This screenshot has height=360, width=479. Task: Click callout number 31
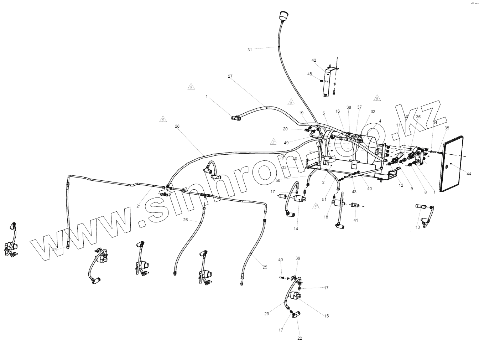[250, 50]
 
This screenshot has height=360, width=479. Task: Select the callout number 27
[230, 76]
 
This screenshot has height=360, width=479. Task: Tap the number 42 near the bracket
[314, 60]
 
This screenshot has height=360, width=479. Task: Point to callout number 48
[309, 74]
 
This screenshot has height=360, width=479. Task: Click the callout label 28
[177, 126]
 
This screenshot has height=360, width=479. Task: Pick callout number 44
[469, 174]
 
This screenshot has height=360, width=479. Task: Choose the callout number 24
[54, 250]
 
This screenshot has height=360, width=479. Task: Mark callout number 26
[186, 220]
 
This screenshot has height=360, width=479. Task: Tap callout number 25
[265, 267]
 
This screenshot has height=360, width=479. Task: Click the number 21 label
[139, 206]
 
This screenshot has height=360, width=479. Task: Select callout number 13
[418, 227]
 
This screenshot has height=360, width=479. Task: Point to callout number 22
[300, 338]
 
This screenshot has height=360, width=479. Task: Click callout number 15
[327, 316]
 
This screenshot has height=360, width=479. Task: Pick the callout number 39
[298, 258]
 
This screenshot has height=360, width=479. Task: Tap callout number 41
[356, 220]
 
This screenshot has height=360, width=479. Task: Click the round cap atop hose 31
[283, 16]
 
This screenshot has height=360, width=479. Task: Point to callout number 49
[286, 143]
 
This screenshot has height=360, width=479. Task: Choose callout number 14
[296, 229]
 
